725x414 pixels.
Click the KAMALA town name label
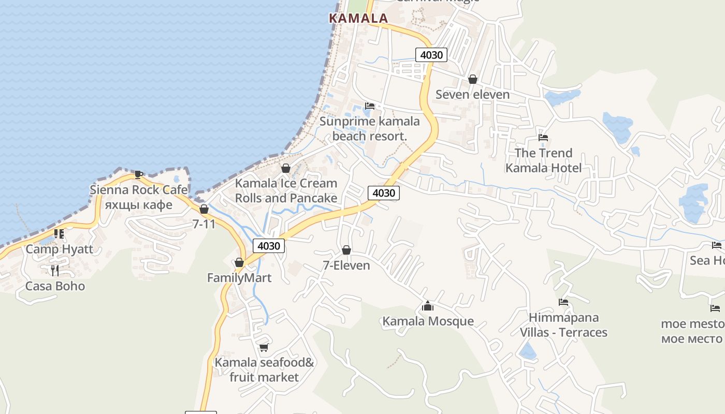coord(358,18)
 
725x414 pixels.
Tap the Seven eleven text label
coord(472,94)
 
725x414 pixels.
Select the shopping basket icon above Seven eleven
coord(472,79)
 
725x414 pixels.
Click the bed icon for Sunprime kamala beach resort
coord(370,106)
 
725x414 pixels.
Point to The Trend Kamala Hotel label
coord(543,160)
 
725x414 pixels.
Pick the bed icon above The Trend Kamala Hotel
coord(543,138)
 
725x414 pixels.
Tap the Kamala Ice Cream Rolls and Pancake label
coord(286,190)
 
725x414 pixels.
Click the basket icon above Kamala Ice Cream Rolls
coord(285,168)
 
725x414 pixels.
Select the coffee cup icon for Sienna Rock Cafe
coord(138,174)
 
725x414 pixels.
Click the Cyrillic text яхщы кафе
coord(138,204)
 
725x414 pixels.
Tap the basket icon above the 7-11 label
coord(204,209)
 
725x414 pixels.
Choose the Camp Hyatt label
coord(60,249)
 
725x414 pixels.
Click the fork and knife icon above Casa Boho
coord(55,270)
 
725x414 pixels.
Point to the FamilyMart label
coord(239,278)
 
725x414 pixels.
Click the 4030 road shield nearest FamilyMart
coord(268,246)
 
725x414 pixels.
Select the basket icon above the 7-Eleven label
coord(346,250)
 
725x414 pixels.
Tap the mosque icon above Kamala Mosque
coord(427,306)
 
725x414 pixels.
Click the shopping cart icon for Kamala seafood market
coord(264,347)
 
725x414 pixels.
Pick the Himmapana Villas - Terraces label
coord(563,324)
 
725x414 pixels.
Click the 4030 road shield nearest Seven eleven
coord(431,55)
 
